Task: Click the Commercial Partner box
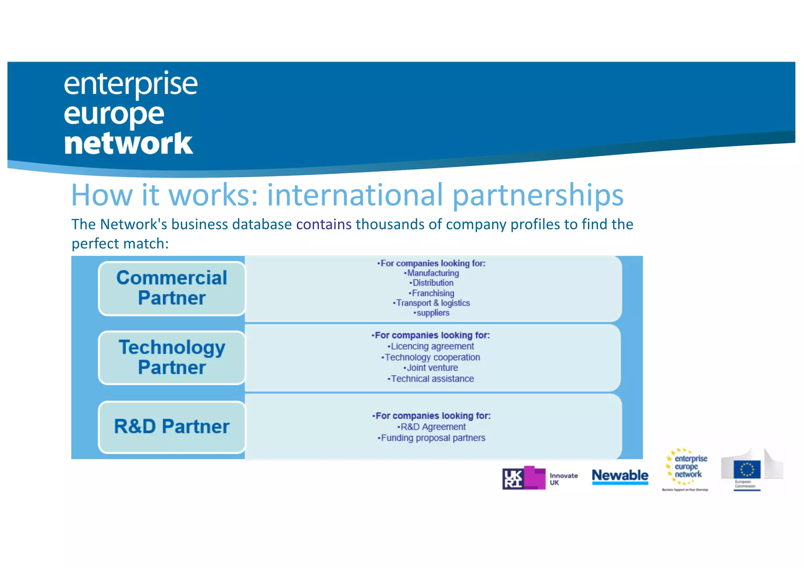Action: [172, 288]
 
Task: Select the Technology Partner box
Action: [172, 357]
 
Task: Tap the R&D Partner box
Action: [172, 427]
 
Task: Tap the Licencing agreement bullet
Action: [431, 346]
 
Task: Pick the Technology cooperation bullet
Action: [431, 357]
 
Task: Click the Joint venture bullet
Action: [431, 368]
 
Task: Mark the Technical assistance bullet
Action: [431, 379]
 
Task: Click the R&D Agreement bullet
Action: [432, 427]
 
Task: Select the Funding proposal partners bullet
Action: [432, 438]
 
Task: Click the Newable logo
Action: [620, 476]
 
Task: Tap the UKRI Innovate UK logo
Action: [540, 478]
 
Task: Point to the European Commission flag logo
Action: [747, 470]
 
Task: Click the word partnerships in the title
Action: [538, 195]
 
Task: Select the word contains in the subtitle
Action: [324, 224]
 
